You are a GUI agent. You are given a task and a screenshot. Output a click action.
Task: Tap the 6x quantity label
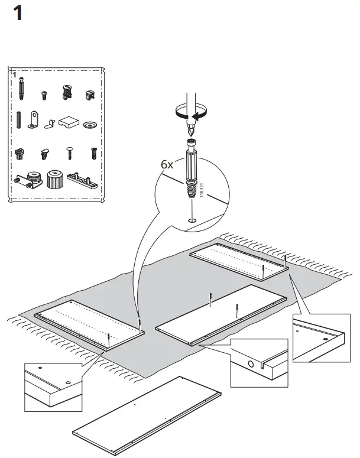(167, 164)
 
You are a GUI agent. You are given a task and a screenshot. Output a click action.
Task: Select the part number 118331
(202, 190)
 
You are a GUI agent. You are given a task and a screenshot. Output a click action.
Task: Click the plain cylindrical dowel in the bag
(19, 120)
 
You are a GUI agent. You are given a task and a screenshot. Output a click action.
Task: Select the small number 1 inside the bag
(15, 75)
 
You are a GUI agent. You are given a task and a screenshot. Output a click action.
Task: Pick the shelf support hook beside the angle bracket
(51, 123)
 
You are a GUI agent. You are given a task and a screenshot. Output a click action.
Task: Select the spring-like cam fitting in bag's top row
(66, 92)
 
